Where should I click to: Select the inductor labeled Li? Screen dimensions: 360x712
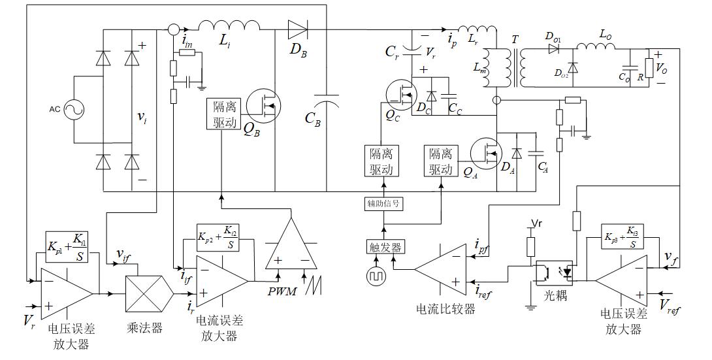(229, 26)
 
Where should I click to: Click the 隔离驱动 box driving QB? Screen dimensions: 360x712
(223, 114)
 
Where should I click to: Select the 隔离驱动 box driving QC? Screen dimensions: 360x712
(381, 161)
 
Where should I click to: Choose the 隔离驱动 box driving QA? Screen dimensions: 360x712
(440, 161)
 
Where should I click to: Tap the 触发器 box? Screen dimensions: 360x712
(383, 247)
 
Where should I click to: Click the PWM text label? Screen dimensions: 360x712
(282, 290)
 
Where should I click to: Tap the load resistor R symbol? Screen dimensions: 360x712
(649, 67)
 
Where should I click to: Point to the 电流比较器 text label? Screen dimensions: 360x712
(445, 308)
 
